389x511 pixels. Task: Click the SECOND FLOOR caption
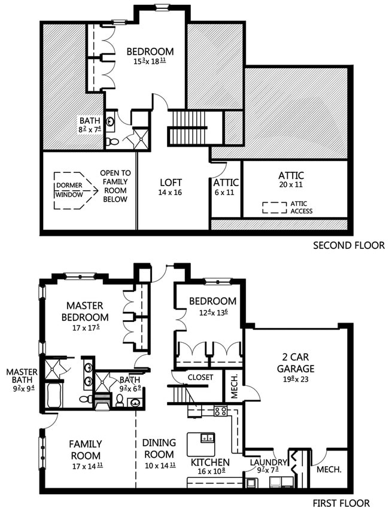pos(348,245)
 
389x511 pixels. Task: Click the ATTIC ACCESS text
pos(301,208)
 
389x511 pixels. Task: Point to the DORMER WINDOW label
pos(70,185)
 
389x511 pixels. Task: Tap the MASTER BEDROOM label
pos(87,311)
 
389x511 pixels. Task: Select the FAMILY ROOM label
pos(85,449)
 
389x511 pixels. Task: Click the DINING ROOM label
pos(159,448)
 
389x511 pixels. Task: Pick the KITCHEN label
pos(209,463)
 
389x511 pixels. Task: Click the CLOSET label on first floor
pos(200,378)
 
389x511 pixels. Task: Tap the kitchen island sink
pos(207,437)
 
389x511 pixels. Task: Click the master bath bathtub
pos(53,396)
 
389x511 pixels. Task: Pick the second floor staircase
pos(188,128)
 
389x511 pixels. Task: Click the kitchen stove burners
pos(220,411)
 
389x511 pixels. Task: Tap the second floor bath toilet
pos(113,142)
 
